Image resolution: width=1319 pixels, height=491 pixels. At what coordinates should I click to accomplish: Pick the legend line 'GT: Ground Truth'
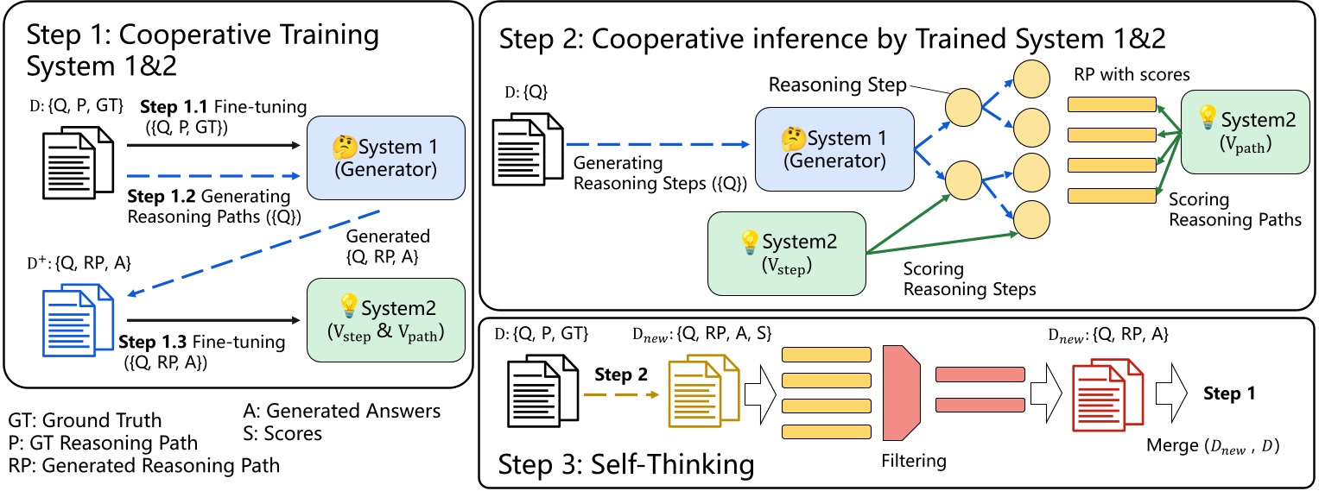(x=85, y=420)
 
